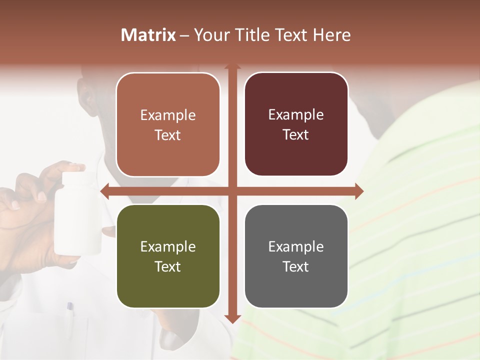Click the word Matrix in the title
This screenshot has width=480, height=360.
[x=148, y=35]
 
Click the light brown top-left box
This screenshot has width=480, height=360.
[x=168, y=124]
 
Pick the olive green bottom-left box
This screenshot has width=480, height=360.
[x=168, y=256]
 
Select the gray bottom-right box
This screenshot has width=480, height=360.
[x=296, y=256]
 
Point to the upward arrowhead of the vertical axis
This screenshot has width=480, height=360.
[x=232, y=66]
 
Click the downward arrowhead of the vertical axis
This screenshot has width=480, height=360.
[x=232, y=319]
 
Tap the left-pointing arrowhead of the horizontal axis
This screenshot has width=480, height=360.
[x=104, y=191]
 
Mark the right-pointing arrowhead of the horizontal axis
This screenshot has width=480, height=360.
[x=359, y=191]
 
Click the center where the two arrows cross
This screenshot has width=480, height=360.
[x=232, y=191]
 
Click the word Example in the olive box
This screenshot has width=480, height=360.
[x=168, y=246]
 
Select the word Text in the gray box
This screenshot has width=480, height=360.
[x=296, y=266]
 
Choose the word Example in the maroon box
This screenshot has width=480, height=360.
[x=296, y=114]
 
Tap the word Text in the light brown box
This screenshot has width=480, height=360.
[x=168, y=135]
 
